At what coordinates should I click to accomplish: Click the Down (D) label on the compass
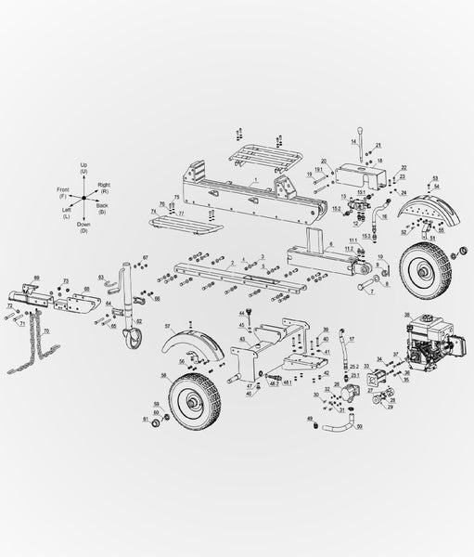pyautogui.click(x=83, y=224)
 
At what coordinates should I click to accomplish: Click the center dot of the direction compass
pyautogui.click(x=83, y=198)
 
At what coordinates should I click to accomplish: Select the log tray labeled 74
pyautogui.click(x=186, y=224)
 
